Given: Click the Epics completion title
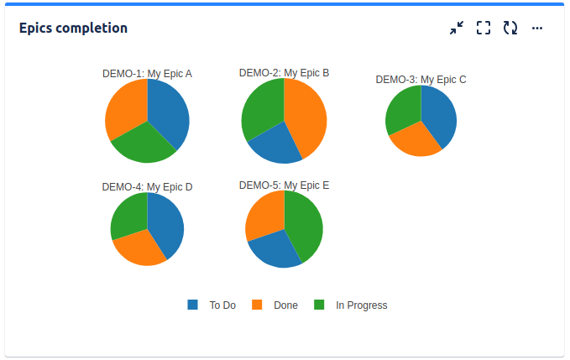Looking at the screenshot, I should click(73, 28).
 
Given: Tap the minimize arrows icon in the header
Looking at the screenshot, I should click(456, 28).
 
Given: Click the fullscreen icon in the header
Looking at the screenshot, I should click(483, 28).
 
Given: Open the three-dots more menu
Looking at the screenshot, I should click(537, 28).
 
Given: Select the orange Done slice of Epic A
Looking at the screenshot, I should click(125, 109).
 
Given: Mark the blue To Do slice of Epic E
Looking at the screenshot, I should click(274, 249).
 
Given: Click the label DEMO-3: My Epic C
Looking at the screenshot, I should click(421, 80).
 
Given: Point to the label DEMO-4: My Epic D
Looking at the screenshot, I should click(147, 187).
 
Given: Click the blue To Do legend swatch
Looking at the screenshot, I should click(193, 305).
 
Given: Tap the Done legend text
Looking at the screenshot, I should click(285, 305).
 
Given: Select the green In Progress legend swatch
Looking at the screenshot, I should click(319, 305).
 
